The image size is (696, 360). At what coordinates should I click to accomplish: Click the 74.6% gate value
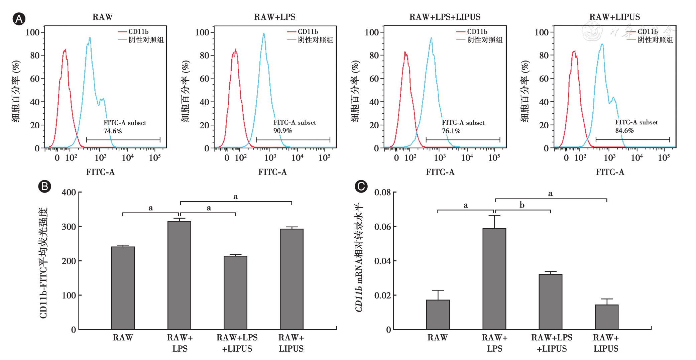pos(113,131)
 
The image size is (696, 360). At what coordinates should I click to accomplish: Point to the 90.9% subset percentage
pos(282,131)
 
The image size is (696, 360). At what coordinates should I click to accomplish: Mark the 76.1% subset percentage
pos(451,131)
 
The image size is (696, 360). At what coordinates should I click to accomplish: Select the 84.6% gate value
pos(624,131)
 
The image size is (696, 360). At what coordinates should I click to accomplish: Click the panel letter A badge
pos(19,19)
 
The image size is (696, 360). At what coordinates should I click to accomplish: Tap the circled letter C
pos(361,186)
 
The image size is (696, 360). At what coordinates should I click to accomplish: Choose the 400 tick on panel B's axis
pos(69,193)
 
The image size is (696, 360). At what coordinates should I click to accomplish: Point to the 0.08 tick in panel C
pos(382,193)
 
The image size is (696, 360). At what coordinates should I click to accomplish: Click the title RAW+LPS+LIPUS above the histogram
pos(445,17)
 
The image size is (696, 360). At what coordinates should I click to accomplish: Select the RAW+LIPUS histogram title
pos(614,17)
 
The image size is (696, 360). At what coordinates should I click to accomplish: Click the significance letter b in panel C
pos(522,205)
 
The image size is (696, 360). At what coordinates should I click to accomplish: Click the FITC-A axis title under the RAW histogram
pos(100,172)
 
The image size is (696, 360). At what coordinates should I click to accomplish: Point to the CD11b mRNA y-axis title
pos(359,257)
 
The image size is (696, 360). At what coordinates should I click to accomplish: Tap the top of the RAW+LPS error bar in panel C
pos(494,216)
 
